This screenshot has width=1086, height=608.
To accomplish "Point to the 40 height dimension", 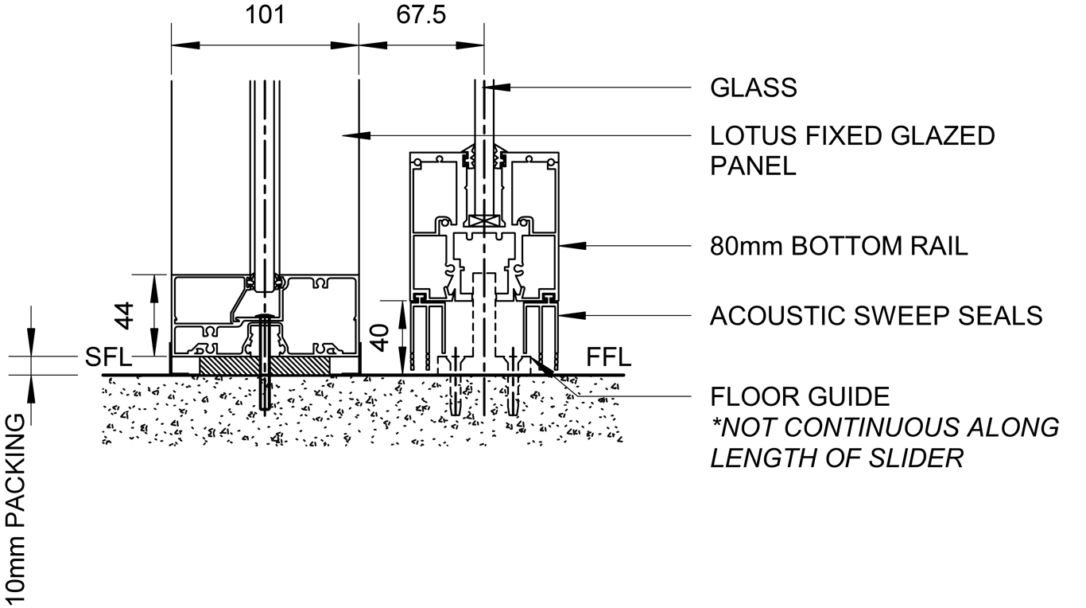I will [382, 335].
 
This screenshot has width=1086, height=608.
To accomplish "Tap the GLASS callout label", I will [754, 88].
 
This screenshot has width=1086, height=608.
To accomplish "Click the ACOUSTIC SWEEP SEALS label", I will [876, 316].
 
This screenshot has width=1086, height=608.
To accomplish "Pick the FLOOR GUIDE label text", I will [800, 396].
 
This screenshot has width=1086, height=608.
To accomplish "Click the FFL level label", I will [609, 358].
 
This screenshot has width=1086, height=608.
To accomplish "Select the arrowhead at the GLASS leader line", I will [496, 88].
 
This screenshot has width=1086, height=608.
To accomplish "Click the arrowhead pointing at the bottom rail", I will [569, 246].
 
